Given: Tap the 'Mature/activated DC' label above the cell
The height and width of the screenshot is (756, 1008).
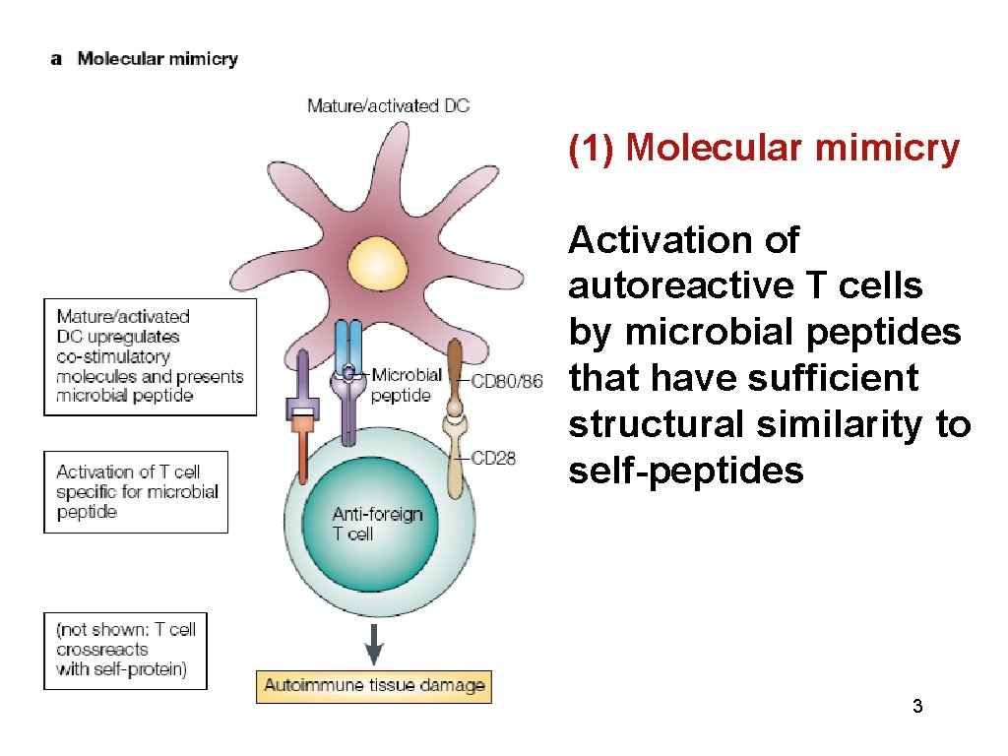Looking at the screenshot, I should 388,105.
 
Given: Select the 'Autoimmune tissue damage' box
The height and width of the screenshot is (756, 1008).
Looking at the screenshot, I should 373,686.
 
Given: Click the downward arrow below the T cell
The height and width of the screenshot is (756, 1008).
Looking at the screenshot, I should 374,646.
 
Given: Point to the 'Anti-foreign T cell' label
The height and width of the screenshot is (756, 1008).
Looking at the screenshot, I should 377,524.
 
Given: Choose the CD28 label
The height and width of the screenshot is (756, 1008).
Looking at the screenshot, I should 493,457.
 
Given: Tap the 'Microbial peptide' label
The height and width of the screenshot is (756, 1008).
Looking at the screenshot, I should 405,385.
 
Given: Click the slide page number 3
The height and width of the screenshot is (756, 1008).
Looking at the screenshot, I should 917,706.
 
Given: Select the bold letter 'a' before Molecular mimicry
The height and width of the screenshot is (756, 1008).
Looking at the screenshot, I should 56,59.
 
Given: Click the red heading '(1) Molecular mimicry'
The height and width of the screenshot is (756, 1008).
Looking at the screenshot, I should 763,148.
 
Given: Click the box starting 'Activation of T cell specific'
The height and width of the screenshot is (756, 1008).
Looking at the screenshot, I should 136,492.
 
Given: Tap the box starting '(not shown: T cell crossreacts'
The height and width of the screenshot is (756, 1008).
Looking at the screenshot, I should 125,650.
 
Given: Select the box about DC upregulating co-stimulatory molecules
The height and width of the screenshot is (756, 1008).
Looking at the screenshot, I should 150,356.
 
